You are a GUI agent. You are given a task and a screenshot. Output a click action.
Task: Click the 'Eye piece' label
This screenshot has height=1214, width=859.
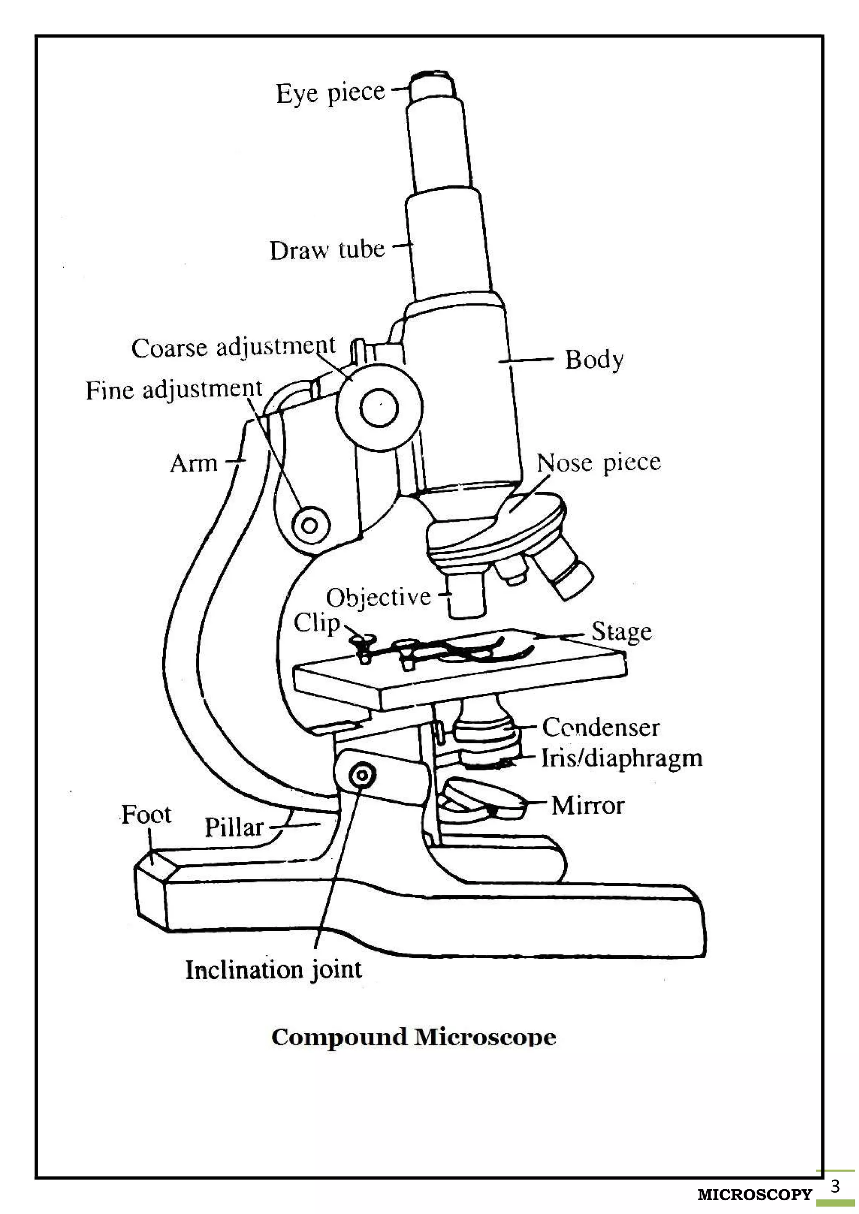click(x=330, y=93)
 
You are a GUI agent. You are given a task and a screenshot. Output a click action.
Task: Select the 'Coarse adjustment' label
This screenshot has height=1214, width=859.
click(x=233, y=348)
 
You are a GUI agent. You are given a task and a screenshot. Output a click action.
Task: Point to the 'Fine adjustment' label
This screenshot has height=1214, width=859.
click(x=174, y=390)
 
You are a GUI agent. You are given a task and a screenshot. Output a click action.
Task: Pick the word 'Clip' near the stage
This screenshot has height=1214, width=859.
click(x=316, y=623)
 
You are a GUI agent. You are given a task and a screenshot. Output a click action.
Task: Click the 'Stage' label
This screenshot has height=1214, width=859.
click(x=621, y=631)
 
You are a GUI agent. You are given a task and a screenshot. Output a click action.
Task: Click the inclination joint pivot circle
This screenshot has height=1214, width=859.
click(x=362, y=776)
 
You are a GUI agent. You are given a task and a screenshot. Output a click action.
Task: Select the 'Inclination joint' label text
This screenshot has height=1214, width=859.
click(x=273, y=970)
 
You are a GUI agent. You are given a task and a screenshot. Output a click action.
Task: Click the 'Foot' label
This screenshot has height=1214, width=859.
click(x=146, y=814)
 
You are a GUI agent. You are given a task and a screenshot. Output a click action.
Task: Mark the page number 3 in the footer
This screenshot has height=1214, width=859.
click(x=835, y=1186)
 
